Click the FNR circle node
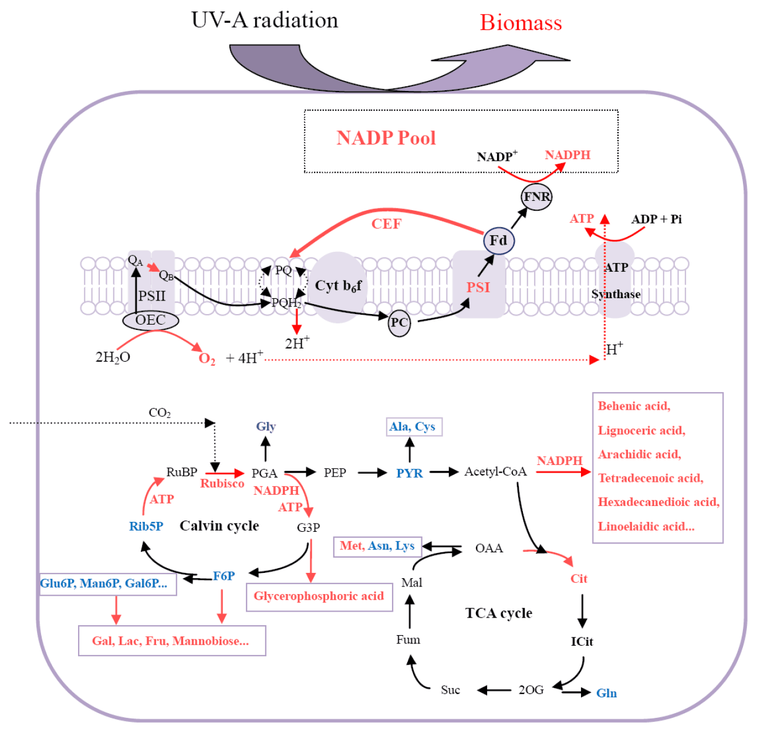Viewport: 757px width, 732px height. pyautogui.click(x=536, y=197)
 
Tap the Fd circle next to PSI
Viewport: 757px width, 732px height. pyautogui.click(x=498, y=241)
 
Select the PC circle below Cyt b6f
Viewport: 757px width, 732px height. pyautogui.click(x=399, y=323)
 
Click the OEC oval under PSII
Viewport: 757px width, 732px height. pyautogui.click(x=150, y=320)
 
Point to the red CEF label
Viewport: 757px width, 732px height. pyautogui.click(x=386, y=224)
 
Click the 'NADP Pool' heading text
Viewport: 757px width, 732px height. pyautogui.click(x=386, y=138)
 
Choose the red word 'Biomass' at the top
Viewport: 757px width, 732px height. pyautogui.click(x=521, y=23)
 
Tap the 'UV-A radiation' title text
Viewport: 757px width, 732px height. pyautogui.click(x=265, y=20)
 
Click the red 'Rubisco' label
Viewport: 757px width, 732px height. pyautogui.click(x=222, y=484)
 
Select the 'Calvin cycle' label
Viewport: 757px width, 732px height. pyautogui.click(x=219, y=525)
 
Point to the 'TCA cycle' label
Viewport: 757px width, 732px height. pyautogui.click(x=498, y=613)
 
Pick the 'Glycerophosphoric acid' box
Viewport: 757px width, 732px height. pyautogui.click(x=319, y=596)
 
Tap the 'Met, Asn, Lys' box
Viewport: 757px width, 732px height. pyautogui.click(x=377, y=546)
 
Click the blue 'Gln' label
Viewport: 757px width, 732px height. pyautogui.click(x=606, y=693)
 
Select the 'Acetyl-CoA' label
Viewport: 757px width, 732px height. pyautogui.click(x=495, y=471)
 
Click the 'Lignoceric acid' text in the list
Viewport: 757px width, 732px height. pyautogui.click(x=641, y=430)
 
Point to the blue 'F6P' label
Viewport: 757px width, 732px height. pyautogui.click(x=224, y=576)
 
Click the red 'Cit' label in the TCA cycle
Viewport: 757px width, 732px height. pyautogui.click(x=579, y=579)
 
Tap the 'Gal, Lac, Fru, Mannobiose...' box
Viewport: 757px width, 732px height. pyautogui.click(x=171, y=641)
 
